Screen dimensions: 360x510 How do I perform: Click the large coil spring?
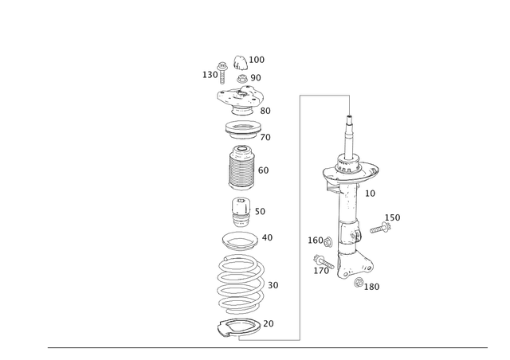(x=240, y=284)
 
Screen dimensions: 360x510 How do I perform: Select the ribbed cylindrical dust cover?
(x=241, y=170)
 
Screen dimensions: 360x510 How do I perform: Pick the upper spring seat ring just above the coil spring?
(x=240, y=238)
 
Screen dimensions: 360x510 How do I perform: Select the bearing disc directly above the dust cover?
(x=241, y=128)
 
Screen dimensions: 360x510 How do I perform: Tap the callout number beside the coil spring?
(x=273, y=284)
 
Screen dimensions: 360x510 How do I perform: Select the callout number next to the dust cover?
(x=265, y=170)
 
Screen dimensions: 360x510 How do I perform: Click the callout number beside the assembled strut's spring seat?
(x=370, y=194)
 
